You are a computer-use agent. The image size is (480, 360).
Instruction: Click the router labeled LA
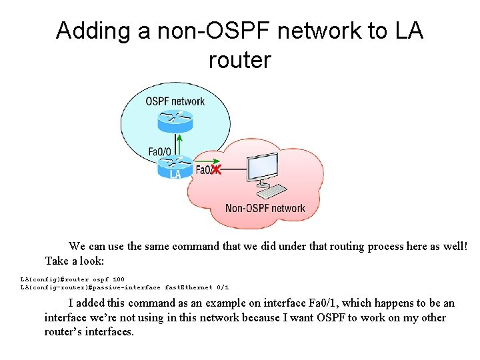pyautogui.click(x=175, y=167)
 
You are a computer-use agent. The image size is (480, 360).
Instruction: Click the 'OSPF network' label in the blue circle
pyautogui.click(x=175, y=101)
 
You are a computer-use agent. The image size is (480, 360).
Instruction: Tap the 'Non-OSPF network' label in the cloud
pyautogui.click(x=265, y=208)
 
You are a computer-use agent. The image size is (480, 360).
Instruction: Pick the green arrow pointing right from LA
pyautogui.click(x=205, y=161)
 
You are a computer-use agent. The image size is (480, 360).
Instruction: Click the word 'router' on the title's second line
pyautogui.click(x=239, y=60)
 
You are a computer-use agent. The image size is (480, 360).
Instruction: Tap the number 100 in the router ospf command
pyautogui.click(x=118, y=279)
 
